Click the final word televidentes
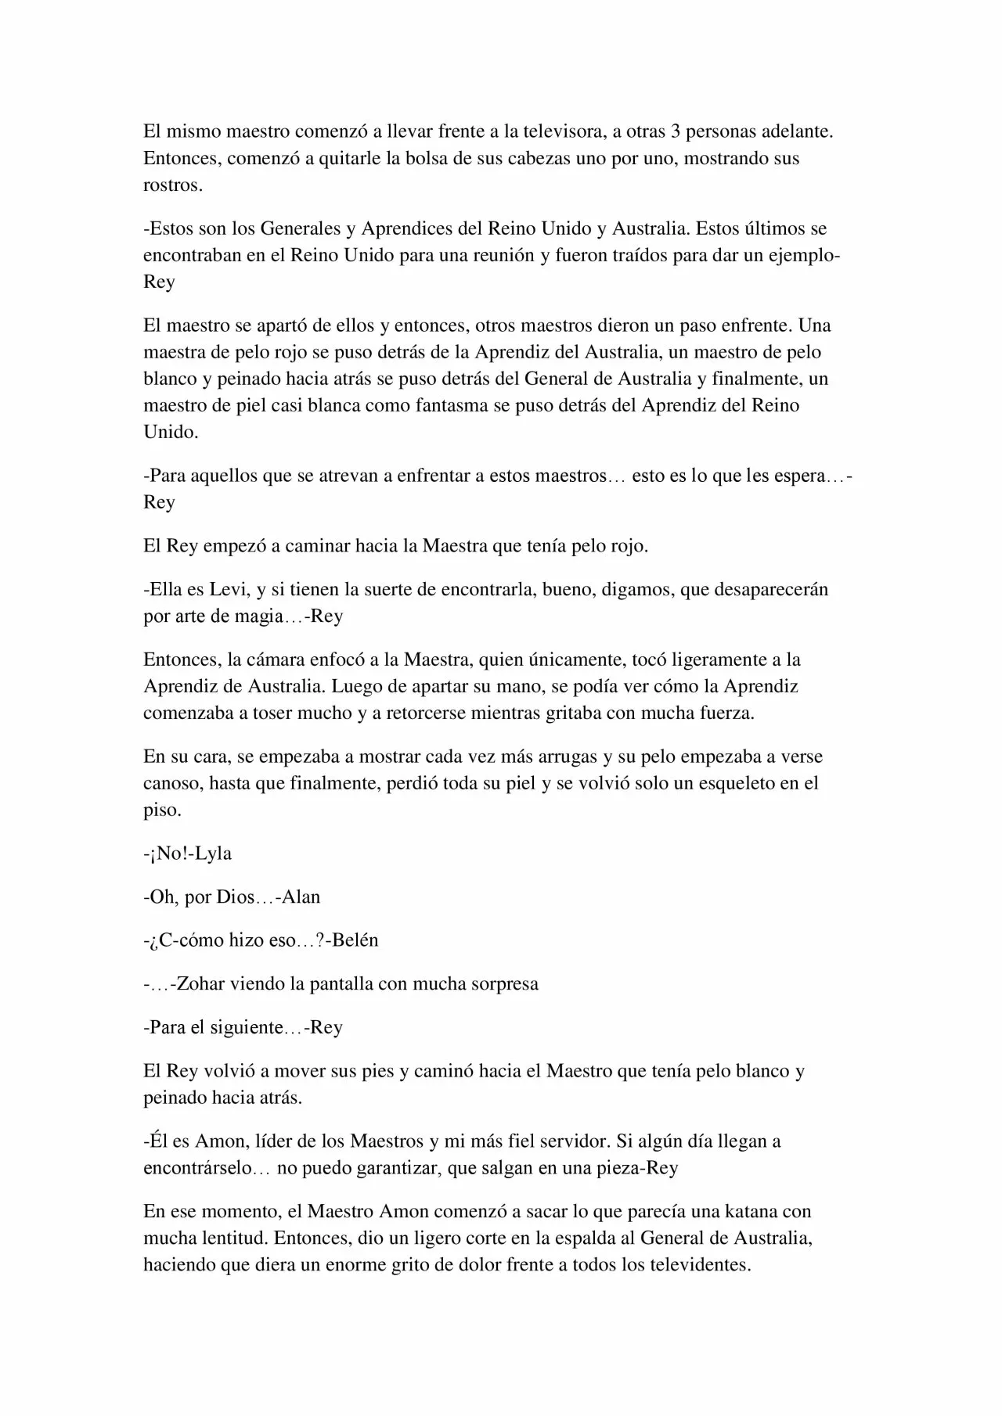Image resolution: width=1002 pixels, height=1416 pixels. click(699, 1265)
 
